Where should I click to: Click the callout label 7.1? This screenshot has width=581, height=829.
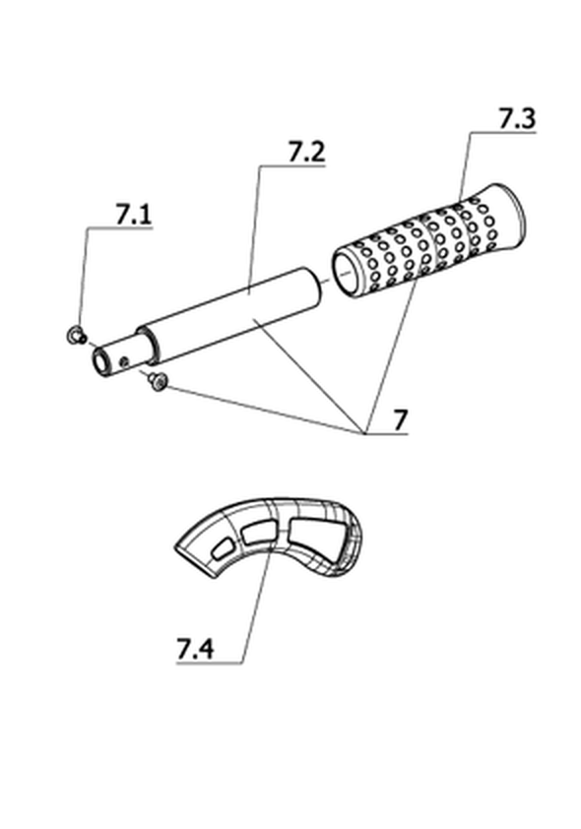tap(133, 215)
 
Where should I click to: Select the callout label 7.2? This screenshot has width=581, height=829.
tap(306, 153)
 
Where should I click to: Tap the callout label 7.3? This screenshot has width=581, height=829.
tap(518, 118)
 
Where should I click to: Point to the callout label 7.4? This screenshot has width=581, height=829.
tap(195, 649)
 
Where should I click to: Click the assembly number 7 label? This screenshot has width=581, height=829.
tap(401, 420)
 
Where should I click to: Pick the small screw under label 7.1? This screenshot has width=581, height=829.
tap(77, 335)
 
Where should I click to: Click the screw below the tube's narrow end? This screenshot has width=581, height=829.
tap(158, 382)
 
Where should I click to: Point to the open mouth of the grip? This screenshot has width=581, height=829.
tap(347, 275)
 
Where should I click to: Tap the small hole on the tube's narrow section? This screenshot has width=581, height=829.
tap(125, 361)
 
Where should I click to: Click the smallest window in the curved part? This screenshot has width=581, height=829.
tap(223, 548)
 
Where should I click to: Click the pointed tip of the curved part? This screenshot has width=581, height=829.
tap(175, 548)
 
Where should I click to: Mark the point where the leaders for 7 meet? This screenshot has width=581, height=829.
tap(364, 433)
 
